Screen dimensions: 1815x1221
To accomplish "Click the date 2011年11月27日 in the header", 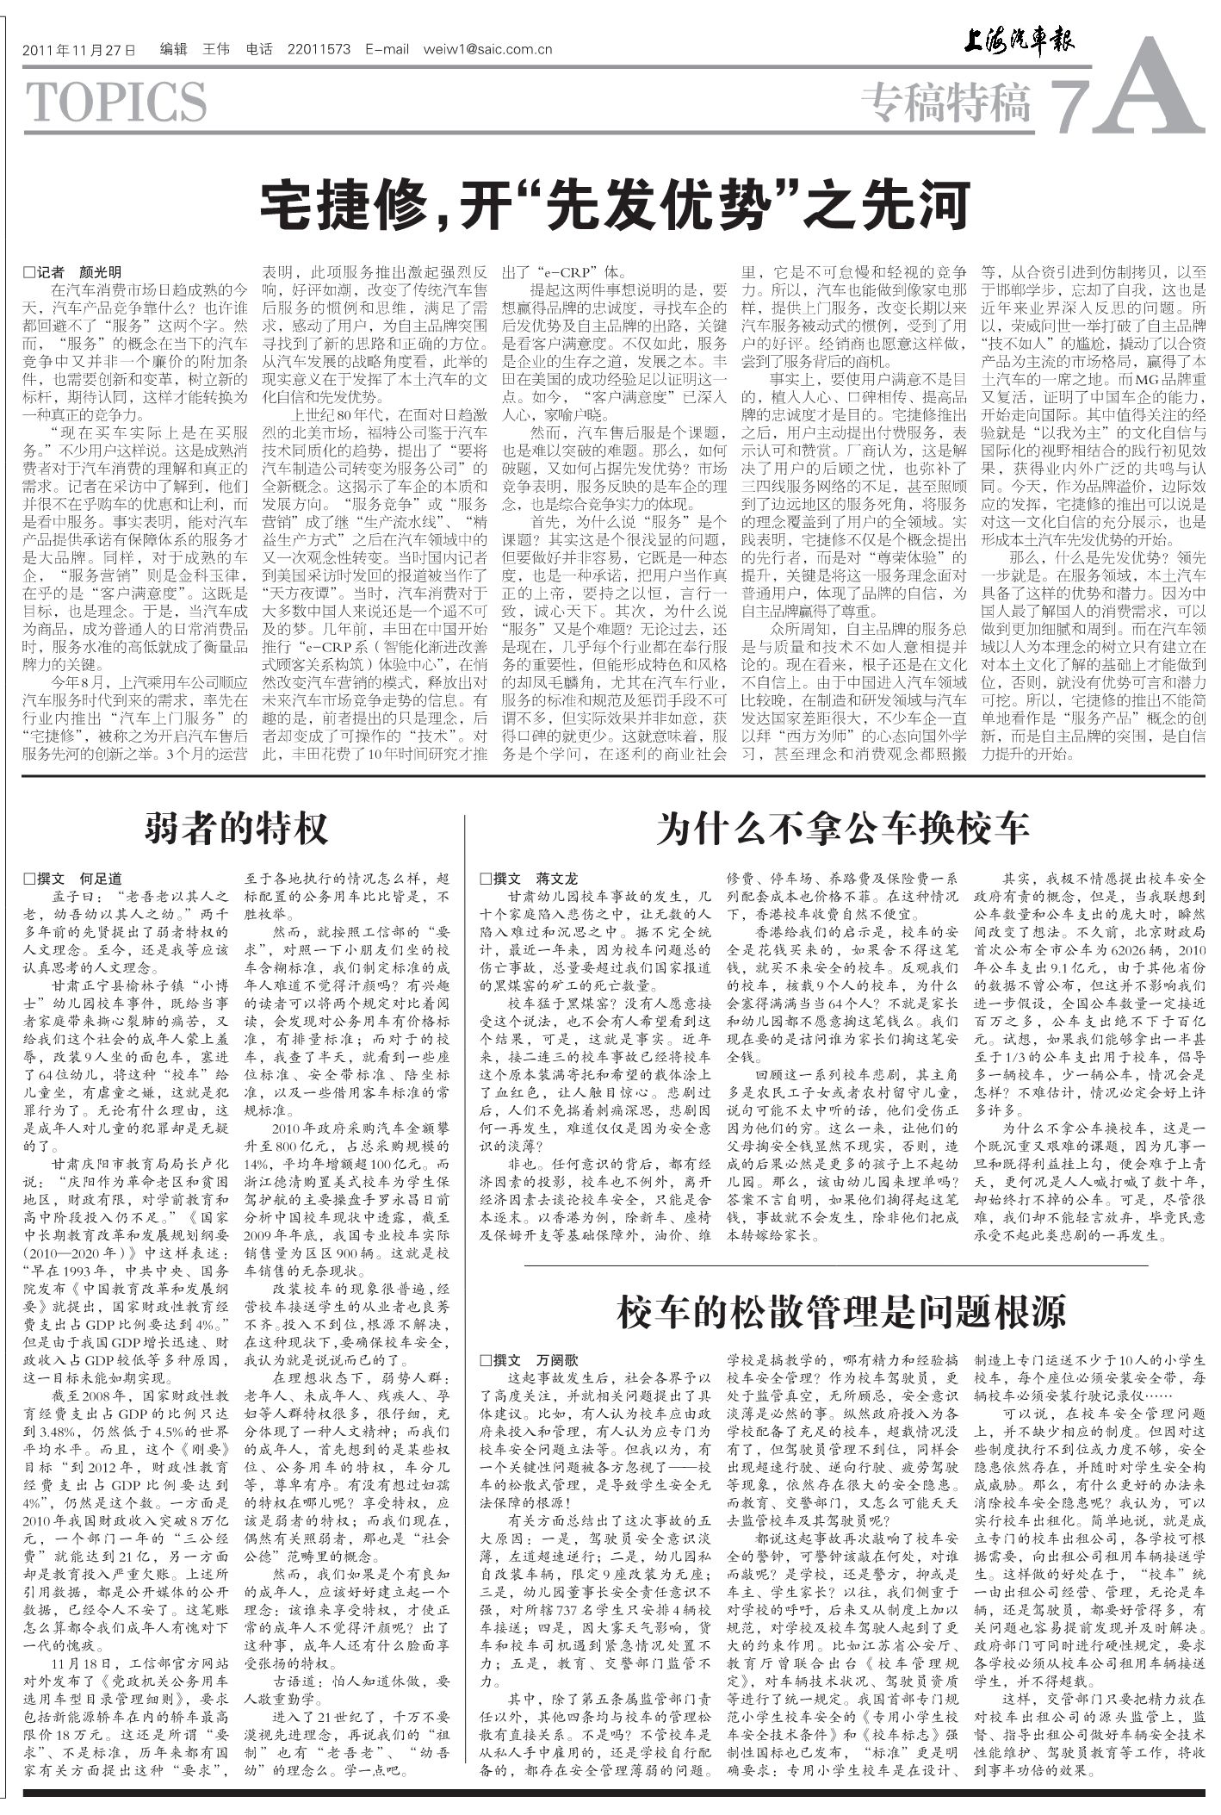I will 79,50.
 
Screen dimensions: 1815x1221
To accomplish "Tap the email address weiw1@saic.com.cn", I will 487,50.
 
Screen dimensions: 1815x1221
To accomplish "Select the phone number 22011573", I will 319,50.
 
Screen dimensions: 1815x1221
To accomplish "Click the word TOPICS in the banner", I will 117,103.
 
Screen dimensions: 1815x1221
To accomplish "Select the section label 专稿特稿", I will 945,104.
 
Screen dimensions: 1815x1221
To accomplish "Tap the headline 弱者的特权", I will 236,828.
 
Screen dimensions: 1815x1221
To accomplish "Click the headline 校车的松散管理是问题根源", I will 842,1311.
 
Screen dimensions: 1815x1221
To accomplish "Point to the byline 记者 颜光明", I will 79,272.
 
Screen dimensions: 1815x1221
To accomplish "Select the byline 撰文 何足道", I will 79,879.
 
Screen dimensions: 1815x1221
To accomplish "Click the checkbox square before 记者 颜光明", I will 29,272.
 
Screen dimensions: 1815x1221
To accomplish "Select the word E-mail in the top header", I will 387,50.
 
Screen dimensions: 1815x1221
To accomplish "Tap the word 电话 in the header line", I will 259,50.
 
